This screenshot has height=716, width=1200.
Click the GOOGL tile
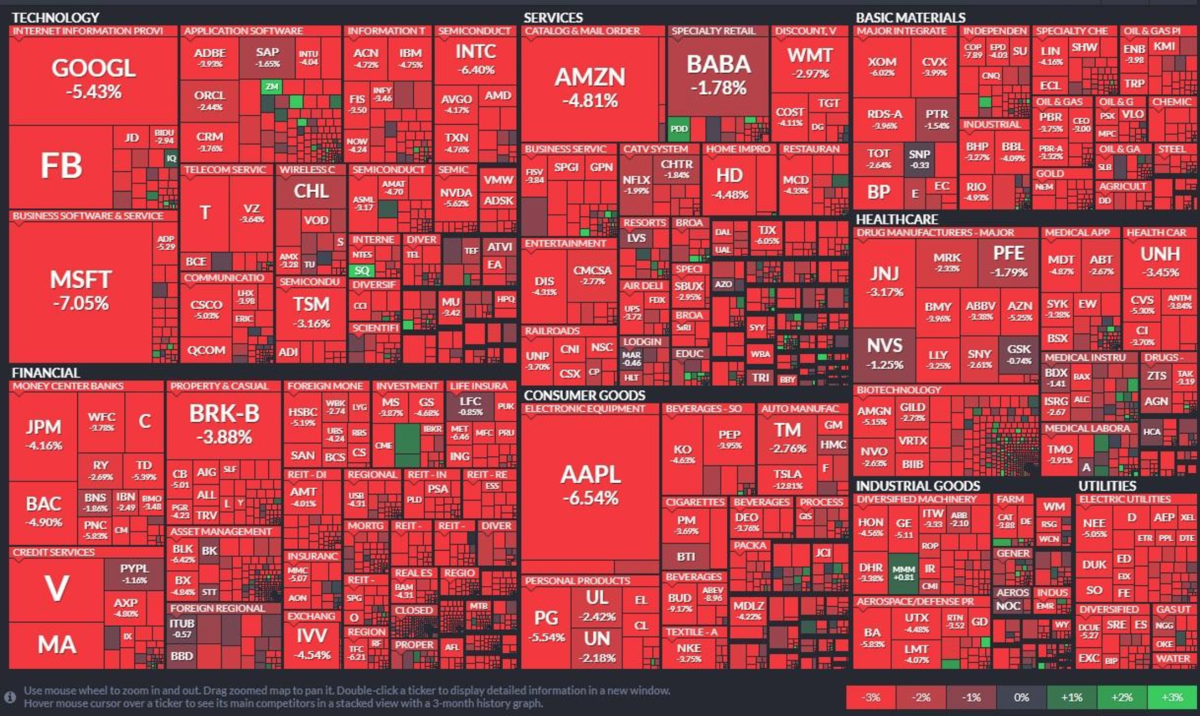(x=93, y=79)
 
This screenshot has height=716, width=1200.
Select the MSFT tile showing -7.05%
(x=81, y=291)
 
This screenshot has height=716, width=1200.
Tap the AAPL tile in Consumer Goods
(x=590, y=484)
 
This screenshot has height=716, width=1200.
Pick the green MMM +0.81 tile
(x=903, y=573)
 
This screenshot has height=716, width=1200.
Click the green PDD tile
(x=679, y=129)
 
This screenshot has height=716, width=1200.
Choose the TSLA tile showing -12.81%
(x=787, y=479)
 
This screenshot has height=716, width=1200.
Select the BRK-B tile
(x=224, y=424)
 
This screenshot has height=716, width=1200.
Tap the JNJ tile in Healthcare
(x=885, y=281)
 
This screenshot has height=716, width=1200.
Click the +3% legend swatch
(x=1172, y=698)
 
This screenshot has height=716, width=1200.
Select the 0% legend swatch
(x=1021, y=698)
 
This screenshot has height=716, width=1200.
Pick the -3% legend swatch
(x=871, y=698)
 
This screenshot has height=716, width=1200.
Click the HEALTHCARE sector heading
(x=897, y=219)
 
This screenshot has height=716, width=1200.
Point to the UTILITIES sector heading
(x=1107, y=486)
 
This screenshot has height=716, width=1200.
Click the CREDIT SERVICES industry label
(x=54, y=552)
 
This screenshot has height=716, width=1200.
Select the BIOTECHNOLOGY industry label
(x=898, y=390)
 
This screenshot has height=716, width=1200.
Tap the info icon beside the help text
(x=10, y=697)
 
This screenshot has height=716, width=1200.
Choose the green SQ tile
(x=362, y=270)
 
